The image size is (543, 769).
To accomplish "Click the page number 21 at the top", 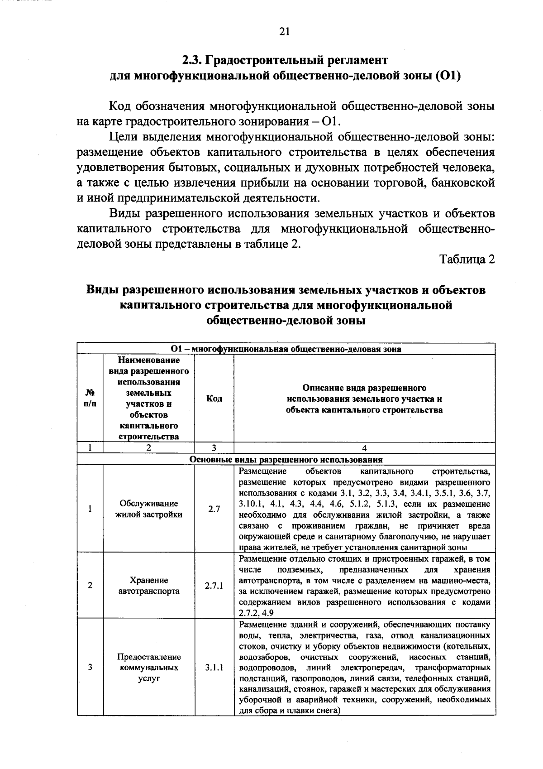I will pos(284,31).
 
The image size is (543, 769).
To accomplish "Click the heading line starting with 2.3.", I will pos(285,60).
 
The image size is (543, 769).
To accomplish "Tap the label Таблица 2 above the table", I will pos(467,260).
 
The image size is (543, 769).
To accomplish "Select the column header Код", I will pos(214,399).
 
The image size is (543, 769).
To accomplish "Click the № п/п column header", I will pos(90,399).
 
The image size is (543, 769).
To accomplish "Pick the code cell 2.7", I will pos(214,509).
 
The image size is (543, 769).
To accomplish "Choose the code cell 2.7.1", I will pos(214,586).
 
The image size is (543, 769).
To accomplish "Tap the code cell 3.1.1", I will pos(214,668).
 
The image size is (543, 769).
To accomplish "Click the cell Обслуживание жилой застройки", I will pos(149,509).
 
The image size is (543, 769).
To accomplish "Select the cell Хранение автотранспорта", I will pos(149,586).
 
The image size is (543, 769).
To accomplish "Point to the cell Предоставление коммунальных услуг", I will pos(149,668).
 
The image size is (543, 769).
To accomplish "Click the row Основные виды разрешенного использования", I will pos(286,459).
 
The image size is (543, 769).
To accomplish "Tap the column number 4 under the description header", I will pos(364,448).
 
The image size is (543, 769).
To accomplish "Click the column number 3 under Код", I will pos(214,448).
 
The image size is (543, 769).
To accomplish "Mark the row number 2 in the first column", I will pos(90,586).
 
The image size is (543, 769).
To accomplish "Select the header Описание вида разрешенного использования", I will pos(364,399).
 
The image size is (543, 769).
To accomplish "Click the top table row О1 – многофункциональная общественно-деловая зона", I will pos(286,349).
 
